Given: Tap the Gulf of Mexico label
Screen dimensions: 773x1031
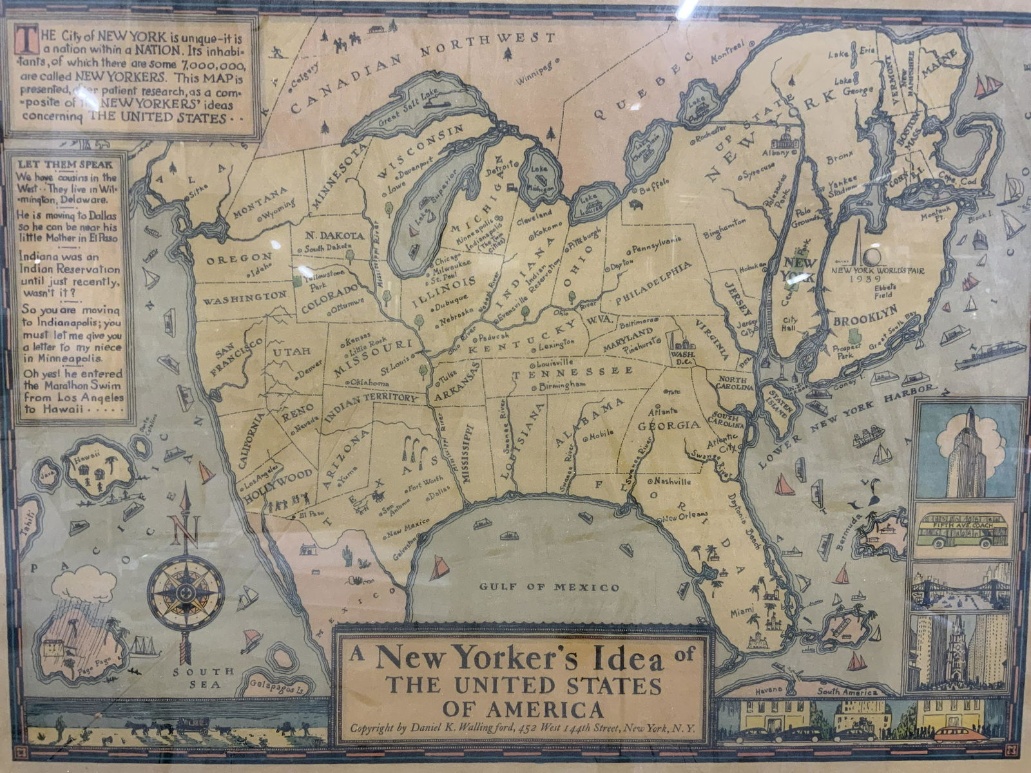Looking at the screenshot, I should (550, 587).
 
